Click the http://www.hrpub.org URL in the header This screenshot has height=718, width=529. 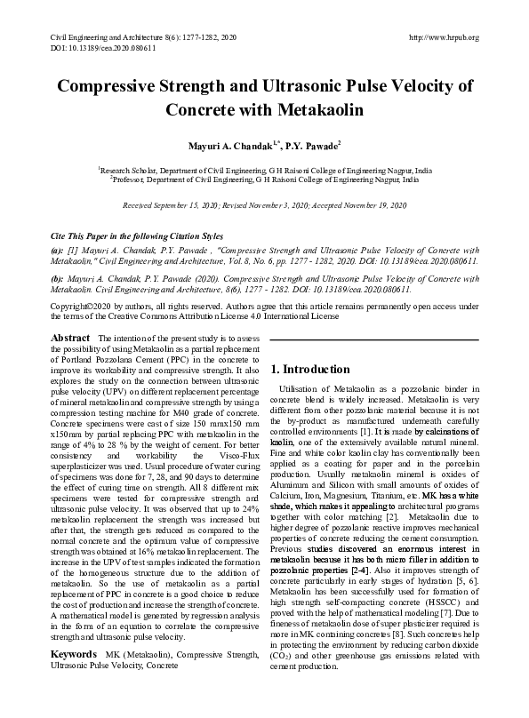(x=442, y=37)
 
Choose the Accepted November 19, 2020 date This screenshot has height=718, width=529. (x=358, y=204)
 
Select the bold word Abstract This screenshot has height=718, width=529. (x=70, y=339)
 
